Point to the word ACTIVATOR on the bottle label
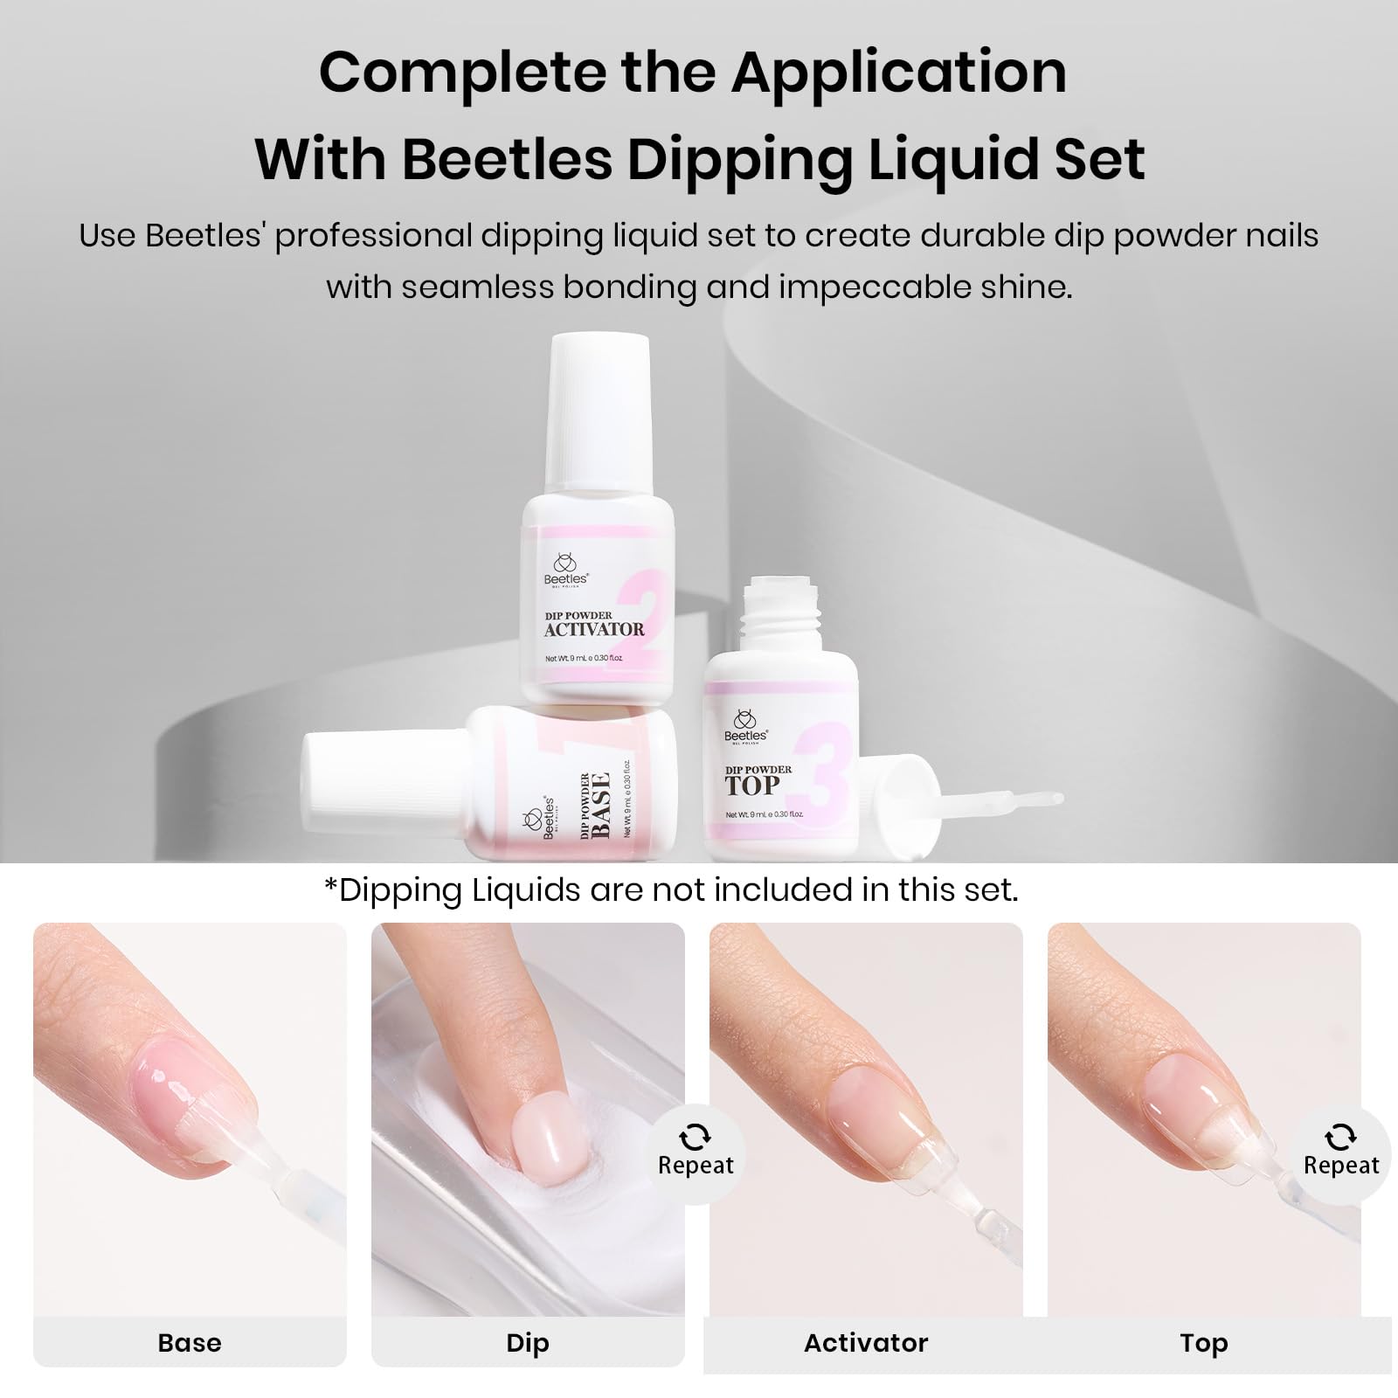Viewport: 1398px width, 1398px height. pos(594,629)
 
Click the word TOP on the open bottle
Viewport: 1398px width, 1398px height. pos(751,786)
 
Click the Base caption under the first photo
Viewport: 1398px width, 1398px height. pos(190,1343)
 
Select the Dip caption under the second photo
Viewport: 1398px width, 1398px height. pos(528,1343)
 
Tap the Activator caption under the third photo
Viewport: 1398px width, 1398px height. pos(866,1343)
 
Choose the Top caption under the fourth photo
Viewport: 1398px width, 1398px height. pos(1204,1343)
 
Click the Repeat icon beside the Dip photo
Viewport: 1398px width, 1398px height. pos(696,1138)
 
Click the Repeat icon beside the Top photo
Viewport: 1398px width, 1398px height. pos(1340,1138)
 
